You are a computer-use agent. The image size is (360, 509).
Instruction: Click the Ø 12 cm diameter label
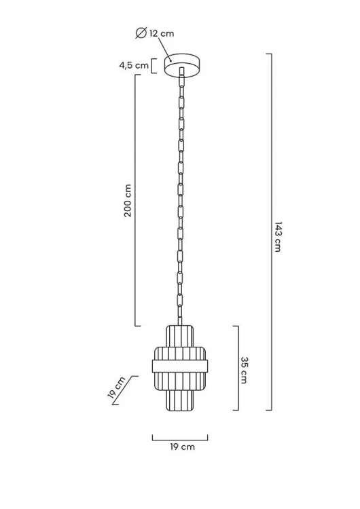(x=155, y=33)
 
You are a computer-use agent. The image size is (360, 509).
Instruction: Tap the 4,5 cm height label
(x=134, y=65)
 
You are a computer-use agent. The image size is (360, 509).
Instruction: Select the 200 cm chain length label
(x=128, y=201)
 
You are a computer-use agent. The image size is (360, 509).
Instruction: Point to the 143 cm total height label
(x=278, y=237)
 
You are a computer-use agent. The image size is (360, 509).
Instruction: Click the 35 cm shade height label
(x=245, y=370)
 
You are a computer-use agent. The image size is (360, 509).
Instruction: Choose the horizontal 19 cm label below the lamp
(x=182, y=447)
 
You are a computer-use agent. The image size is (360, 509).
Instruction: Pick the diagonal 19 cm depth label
(x=116, y=388)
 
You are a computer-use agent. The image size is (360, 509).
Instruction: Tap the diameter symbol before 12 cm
(x=141, y=33)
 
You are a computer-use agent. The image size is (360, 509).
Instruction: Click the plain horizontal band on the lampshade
(x=180, y=366)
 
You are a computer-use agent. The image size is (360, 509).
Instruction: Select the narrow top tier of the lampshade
(x=180, y=336)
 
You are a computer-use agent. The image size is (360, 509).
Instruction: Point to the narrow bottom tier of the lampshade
(x=180, y=400)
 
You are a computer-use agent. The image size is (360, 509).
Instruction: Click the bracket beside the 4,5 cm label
(x=154, y=66)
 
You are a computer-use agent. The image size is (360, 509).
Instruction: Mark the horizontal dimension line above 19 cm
(x=180, y=440)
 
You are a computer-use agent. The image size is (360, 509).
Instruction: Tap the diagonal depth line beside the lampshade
(x=125, y=390)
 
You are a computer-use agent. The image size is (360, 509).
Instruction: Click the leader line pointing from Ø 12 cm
(x=165, y=50)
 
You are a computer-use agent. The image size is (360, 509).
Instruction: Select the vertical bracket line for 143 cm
(x=271, y=232)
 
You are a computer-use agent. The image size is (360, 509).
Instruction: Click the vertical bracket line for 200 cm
(x=135, y=200)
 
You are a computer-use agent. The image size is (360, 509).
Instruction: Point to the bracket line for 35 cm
(x=238, y=368)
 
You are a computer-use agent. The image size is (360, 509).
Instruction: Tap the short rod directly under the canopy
(x=181, y=72)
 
